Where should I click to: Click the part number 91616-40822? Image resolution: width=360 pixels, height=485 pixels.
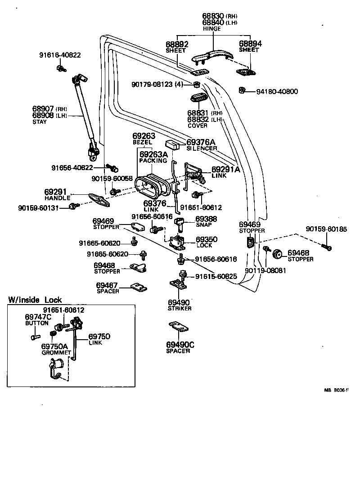click(x=60, y=55)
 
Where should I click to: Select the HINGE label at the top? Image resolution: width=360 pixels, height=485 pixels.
click(x=211, y=29)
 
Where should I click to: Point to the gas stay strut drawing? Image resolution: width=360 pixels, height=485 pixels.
click(x=86, y=117)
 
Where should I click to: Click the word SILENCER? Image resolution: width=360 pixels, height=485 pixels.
click(x=202, y=148)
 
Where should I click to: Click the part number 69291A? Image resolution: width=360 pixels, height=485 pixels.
click(x=226, y=170)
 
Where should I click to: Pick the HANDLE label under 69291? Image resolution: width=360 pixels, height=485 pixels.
click(x=58, y=198)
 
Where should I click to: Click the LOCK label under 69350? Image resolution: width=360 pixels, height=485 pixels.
click(x=204, y=245)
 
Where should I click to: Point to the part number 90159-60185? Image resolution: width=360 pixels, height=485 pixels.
click(x=326, y=229)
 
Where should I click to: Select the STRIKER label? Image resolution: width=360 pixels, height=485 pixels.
click(x=179, y=308)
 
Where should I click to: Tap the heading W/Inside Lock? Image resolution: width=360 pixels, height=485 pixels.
click(x=35, y=300)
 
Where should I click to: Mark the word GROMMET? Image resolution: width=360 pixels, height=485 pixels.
click(x=56, y=353)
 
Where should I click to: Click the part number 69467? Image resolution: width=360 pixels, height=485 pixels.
click(x=107, y=285)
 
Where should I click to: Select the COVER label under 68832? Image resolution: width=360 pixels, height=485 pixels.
click(x=198, y=126)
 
